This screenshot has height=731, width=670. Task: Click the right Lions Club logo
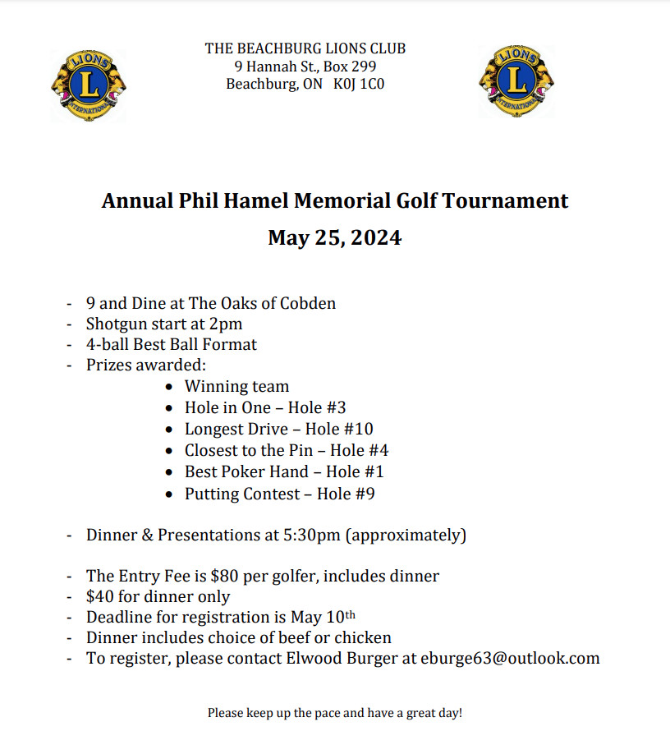pos(516,81)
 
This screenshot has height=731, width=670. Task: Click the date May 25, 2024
pos(334,238)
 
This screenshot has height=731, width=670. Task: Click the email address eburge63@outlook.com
pos(510,658)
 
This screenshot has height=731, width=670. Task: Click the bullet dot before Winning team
pos(169,387)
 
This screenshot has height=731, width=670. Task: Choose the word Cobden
pos(308,303)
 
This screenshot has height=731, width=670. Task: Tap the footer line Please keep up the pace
pos(334,712)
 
